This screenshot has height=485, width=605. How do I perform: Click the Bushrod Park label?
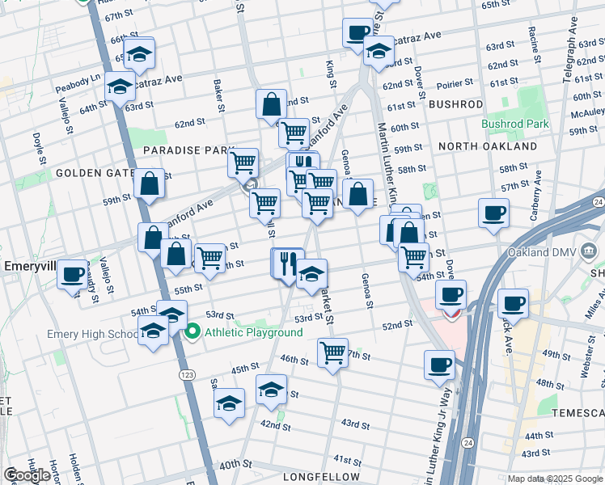515,124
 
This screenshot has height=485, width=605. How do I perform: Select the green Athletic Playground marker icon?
193,331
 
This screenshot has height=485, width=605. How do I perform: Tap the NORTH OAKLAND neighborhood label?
487,146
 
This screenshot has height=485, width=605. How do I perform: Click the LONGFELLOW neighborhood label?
315,478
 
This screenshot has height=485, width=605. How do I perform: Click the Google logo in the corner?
27,475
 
